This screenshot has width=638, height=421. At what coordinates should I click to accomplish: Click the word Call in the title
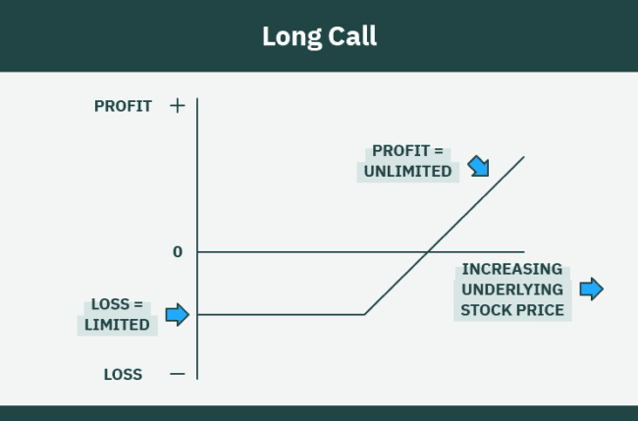click(x=349, y=37)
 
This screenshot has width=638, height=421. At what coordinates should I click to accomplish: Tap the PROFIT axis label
click(x=124, y=106)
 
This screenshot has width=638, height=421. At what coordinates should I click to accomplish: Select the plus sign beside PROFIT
click(x=177, y=105)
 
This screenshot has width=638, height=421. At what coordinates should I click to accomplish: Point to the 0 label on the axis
click(x=178, y=252)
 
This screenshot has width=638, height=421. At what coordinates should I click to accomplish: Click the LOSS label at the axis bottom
click(x=124, y=374)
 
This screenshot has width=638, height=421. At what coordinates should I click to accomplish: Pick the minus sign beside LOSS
click(x=177, y=374)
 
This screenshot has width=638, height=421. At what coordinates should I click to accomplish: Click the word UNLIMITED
click(x=407, y=171)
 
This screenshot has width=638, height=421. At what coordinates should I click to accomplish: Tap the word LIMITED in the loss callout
click(x=117, y=325)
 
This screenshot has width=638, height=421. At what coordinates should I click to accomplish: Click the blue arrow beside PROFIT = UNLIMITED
click(x=477, y=164)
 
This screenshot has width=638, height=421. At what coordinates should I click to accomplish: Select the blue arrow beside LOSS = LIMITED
click(x=177, y=314)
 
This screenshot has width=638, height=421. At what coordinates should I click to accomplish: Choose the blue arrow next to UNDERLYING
click(x=591, y=289)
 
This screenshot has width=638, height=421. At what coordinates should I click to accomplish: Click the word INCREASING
click(x=512, y=269)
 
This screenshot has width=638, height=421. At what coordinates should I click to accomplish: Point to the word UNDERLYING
click(x=512, y=289)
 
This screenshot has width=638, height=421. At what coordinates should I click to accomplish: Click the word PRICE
click(x=542, y=310)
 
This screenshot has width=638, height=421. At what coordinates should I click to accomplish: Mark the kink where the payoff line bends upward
click(x=364, y=314)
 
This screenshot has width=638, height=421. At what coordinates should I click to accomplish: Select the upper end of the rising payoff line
click(x=523, y=157)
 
